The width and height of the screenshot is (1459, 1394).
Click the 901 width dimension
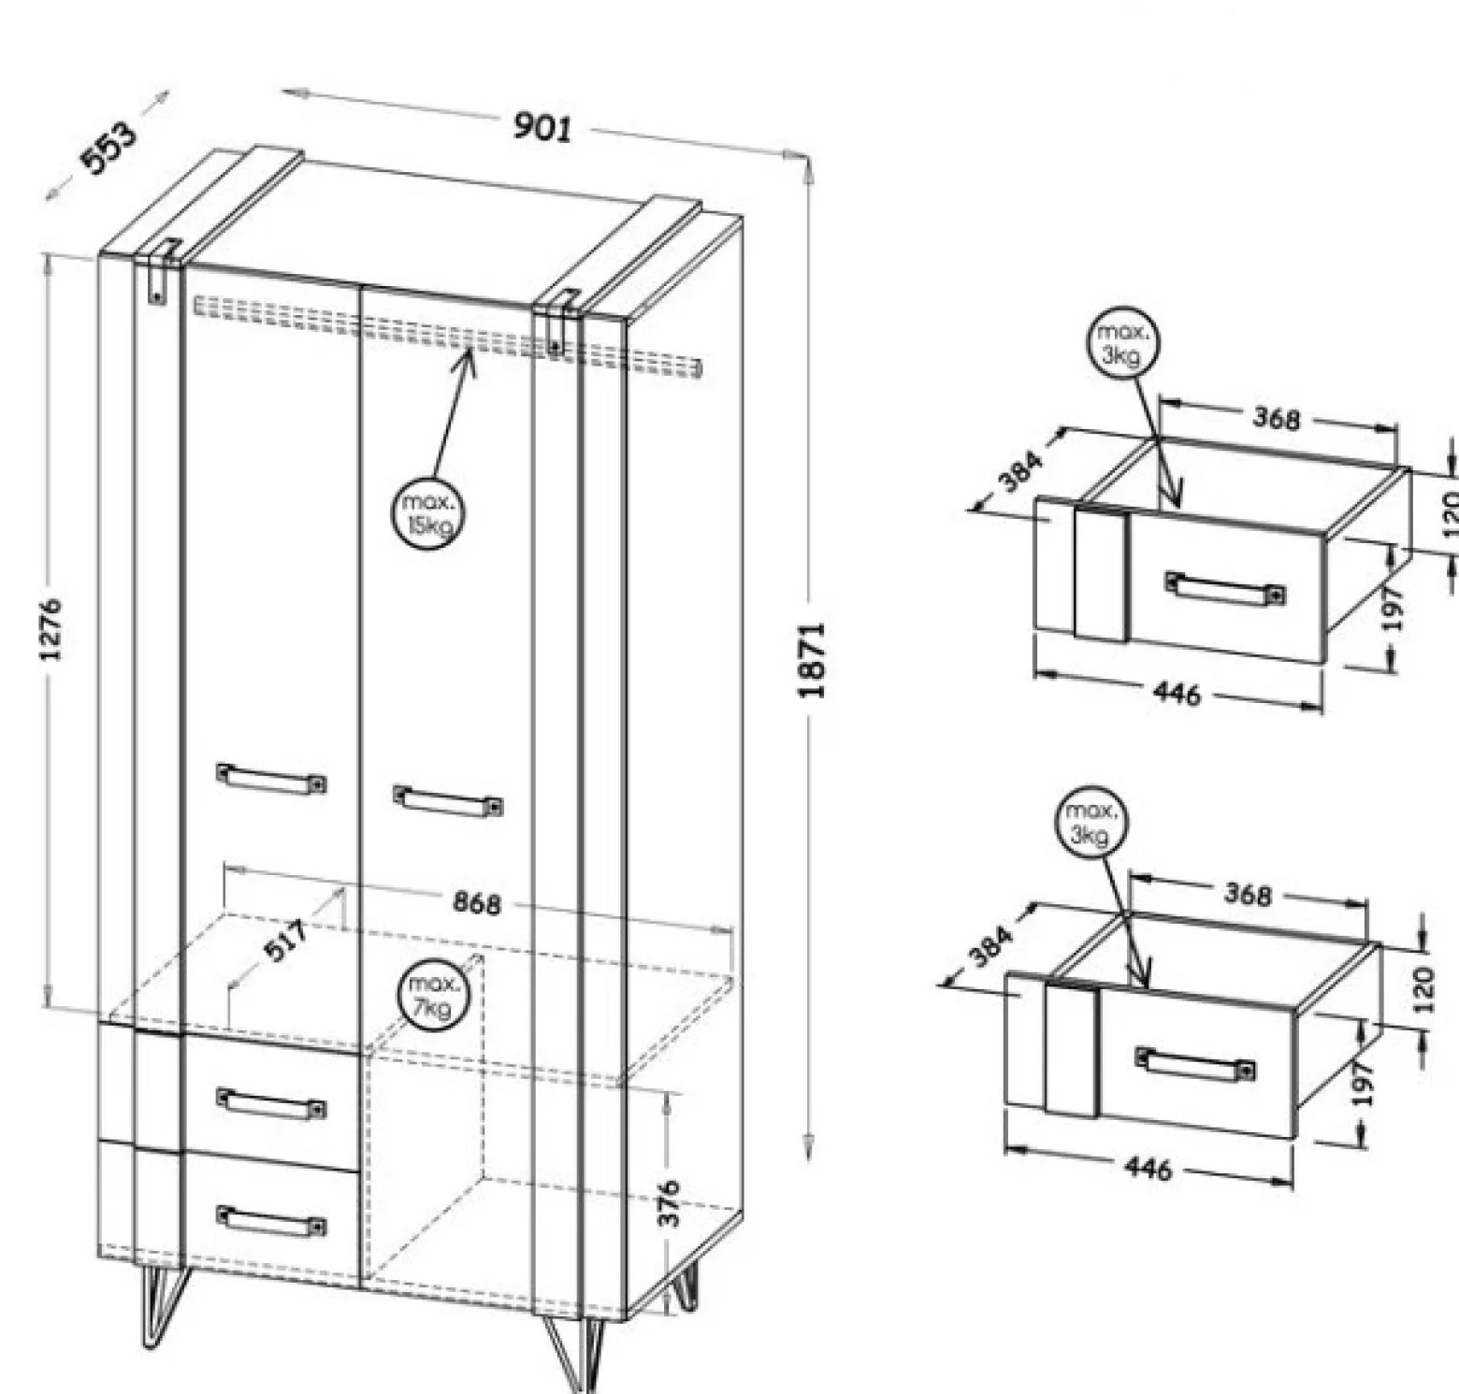tap(542, 126)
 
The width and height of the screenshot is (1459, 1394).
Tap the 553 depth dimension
tap(110, 148)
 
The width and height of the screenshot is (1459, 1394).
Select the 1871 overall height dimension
tap(812, 659)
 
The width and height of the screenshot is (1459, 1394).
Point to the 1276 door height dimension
tap(51, 628)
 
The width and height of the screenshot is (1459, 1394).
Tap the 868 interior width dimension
tap(477, 903)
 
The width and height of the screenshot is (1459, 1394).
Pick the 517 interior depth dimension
tap(286, 941)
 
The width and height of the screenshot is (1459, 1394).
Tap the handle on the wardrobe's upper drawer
tap(271, 1103)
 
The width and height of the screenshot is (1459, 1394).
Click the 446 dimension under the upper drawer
tap(1177, 693)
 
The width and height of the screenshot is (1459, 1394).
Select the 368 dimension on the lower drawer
tap(1248, 894)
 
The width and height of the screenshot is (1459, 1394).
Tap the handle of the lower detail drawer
tap(1195, 1063)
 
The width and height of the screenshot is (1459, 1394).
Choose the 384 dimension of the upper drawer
tap(1018, 472)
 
